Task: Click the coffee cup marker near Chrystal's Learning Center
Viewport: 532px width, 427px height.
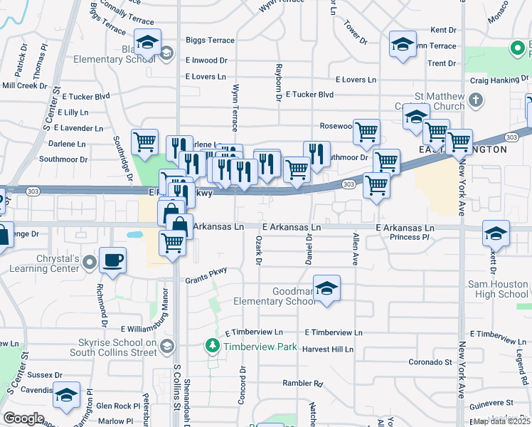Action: [112, 259]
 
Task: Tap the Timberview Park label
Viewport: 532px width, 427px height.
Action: [258, 347]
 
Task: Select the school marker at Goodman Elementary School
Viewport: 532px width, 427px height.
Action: [326, 288]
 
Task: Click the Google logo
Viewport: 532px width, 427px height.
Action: [23, 418]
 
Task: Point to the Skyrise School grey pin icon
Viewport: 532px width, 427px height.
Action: [167, 347]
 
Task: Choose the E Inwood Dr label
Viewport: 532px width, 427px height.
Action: [206, 61]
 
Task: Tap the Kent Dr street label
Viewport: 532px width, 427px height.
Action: [443, 31]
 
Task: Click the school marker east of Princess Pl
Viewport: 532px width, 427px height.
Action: [496, 233]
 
